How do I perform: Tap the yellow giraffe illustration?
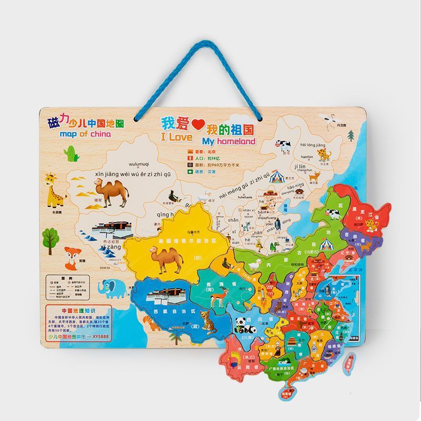[x=54, y=191]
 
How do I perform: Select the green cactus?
[x=71, y=153]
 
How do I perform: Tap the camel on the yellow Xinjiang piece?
[x=165, y=257]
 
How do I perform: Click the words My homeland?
[x=228, y=141]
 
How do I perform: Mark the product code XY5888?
[x=100, y=339]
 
